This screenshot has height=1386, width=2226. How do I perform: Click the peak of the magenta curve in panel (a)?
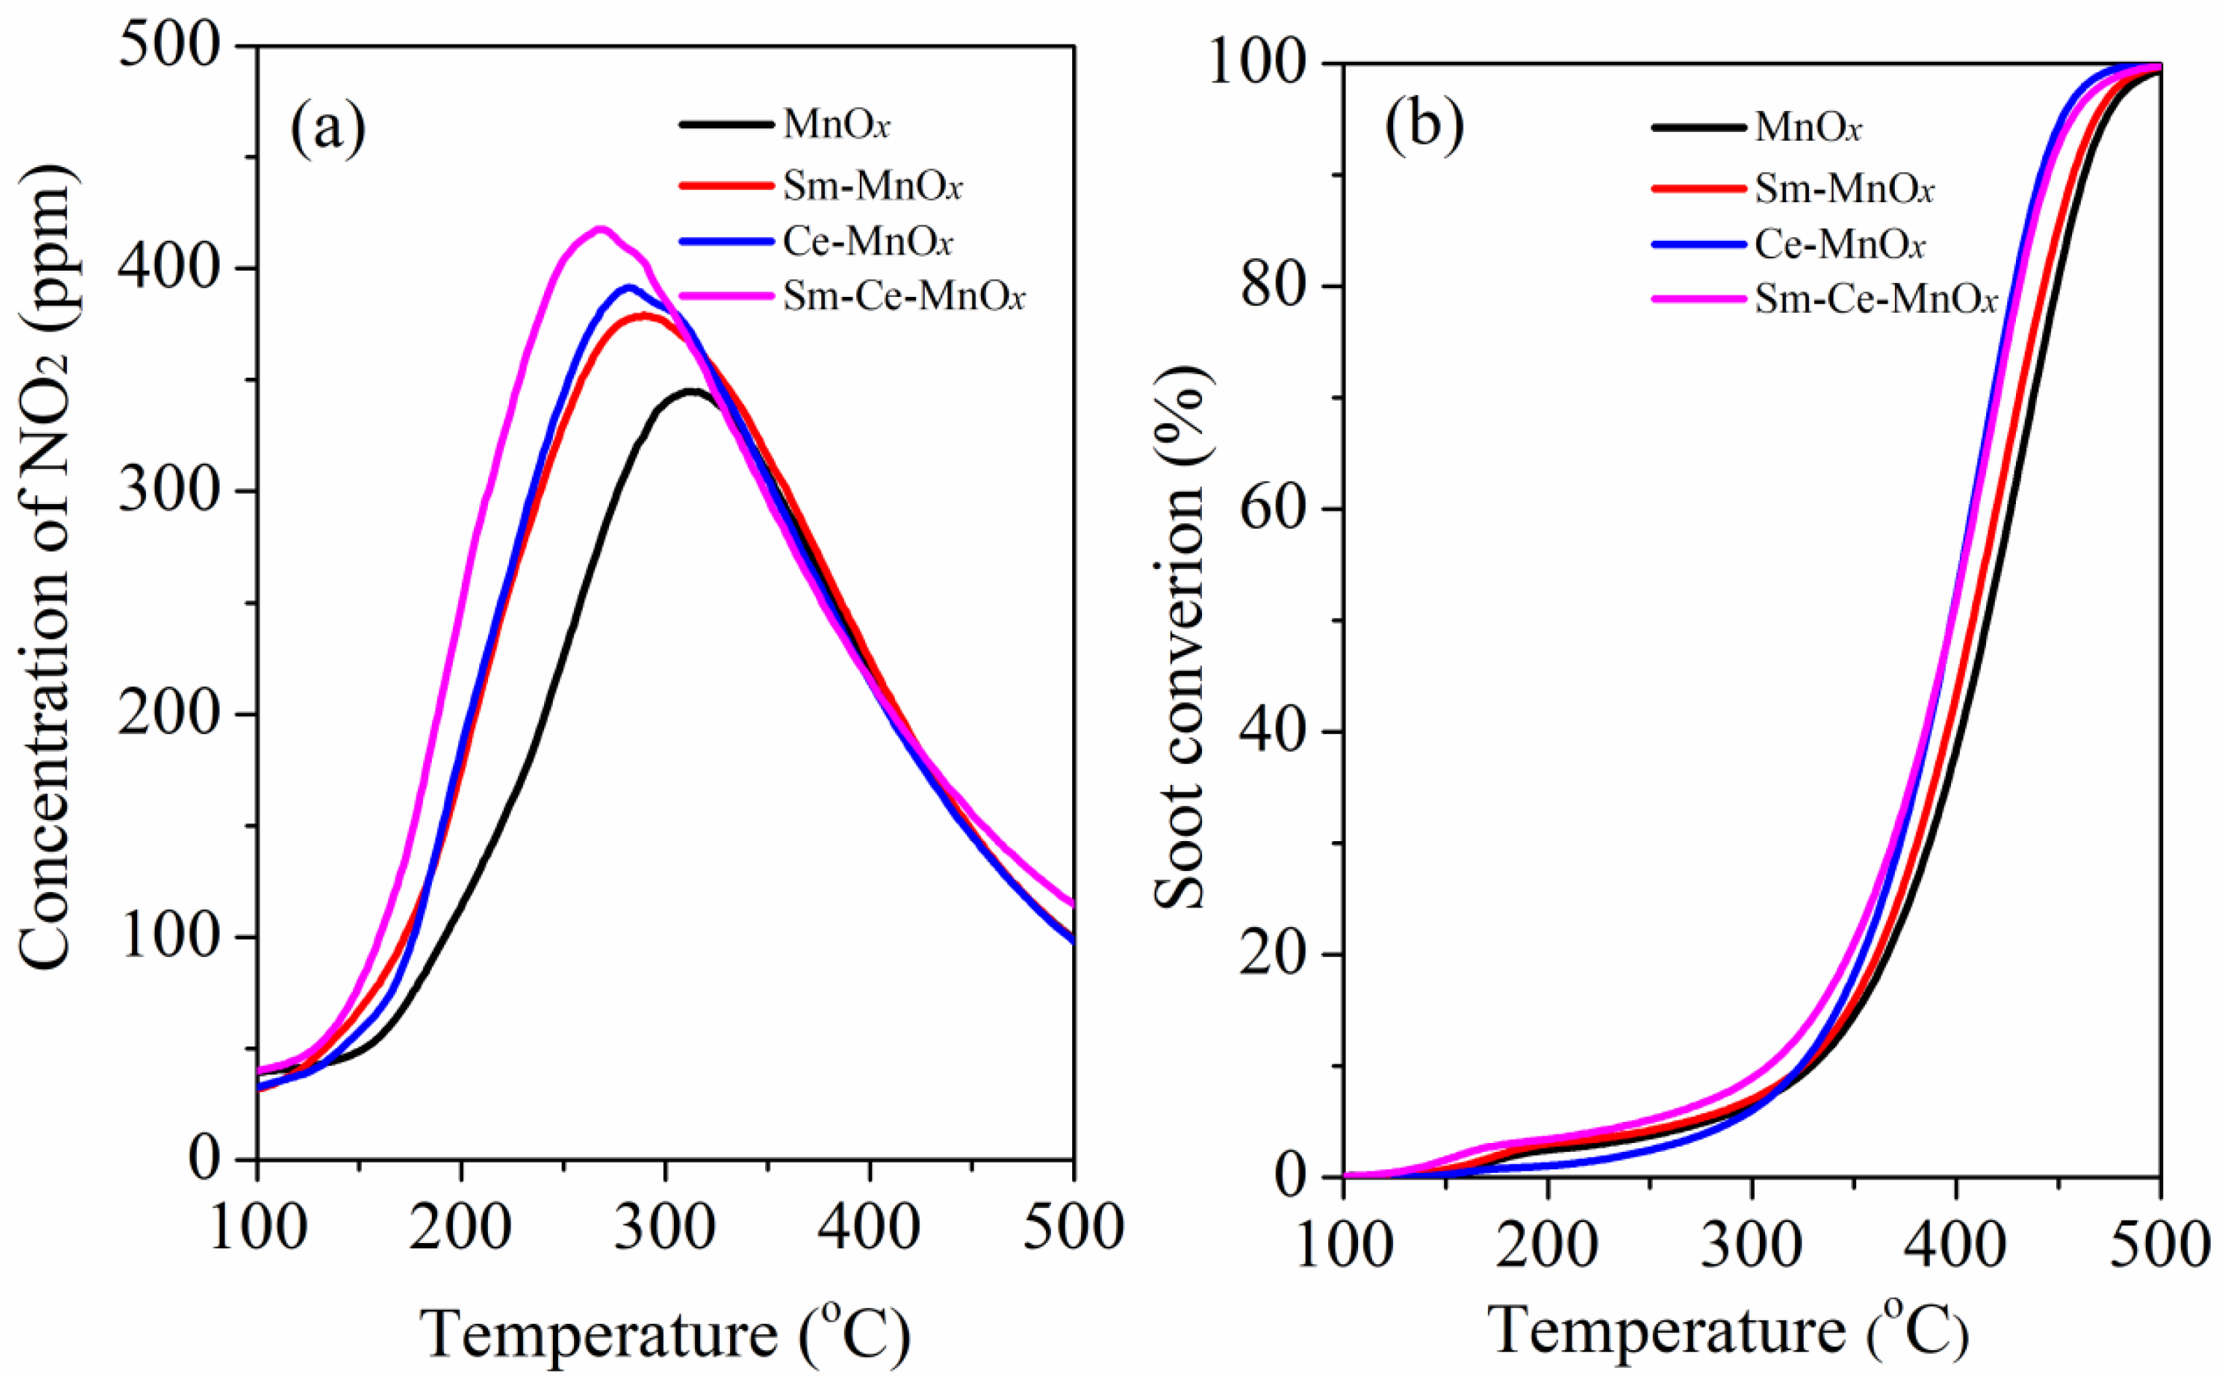click(601, 229)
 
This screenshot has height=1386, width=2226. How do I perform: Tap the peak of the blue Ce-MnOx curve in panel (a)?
click(629, 288)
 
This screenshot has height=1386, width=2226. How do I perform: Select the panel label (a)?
click(327, 129)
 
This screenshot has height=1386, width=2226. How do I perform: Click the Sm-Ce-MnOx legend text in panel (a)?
click(904, 296)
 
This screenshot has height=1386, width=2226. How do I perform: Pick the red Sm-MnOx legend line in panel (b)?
click(1697, 188)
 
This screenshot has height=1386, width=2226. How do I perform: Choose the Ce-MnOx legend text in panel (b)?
click(1839, 245)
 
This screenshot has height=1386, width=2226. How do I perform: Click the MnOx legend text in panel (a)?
click(836, 124)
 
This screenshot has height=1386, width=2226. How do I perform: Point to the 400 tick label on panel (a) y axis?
click(169, 268)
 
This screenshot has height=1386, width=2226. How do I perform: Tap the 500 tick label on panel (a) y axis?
click(169, 46)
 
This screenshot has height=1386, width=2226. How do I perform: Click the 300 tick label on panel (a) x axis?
click(664, 1228)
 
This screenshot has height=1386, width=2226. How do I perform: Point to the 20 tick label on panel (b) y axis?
click(1272, 954)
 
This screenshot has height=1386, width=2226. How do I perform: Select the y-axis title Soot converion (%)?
click(1180, 636)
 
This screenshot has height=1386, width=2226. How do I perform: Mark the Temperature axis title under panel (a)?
click(664, 1333)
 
